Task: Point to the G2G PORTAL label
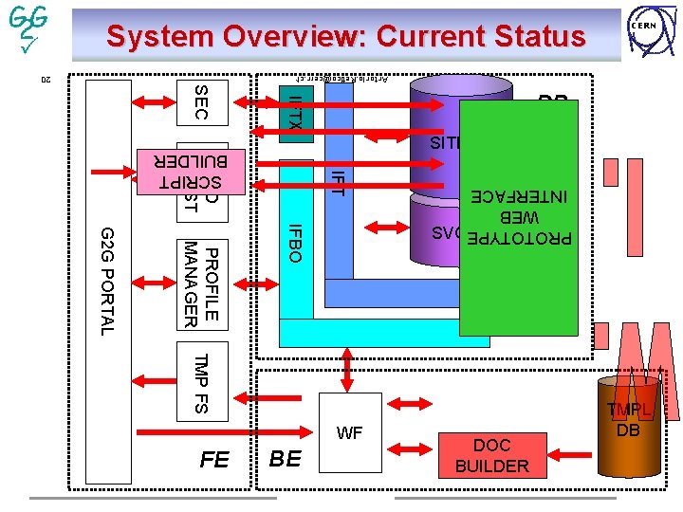point(106,281)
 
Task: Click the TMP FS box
point(201,383)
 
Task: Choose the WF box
point(350,433)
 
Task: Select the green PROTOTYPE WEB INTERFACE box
point(519,218)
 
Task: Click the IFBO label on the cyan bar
point(295,244)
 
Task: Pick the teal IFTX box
point(295,114)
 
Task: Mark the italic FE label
point(214,460)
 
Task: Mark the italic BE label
point(286,460)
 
